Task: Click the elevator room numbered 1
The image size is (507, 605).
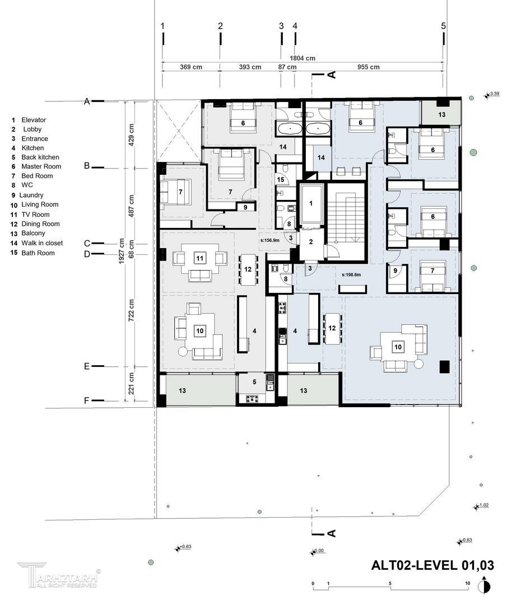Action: pyautogui.click(x=311, y=203)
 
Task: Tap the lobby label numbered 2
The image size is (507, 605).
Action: pyautogui.click(x=311, y=243)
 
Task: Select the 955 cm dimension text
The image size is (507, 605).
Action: pyautogui.click(x=368, y=67)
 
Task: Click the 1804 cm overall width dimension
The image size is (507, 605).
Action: pyautogui.click(x=303, y=58)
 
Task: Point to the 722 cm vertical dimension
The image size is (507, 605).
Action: pyautogui.click(x=131, y=310)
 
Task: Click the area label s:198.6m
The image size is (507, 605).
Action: pyautogui.click(x=351, y=274)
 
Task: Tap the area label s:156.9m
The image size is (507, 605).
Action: pyautogui.click(x=269, y=240)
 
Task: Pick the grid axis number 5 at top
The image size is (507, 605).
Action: pyautogui.click(x=443, y=26)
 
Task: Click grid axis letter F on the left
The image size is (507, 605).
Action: pyautogui.click(x=87, y=401)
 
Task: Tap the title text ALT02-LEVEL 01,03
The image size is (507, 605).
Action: pyautogui.click(x=432, y=566)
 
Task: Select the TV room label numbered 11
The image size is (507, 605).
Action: pyautogui.click(x=199, y=258)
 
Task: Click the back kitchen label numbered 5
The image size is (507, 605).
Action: pyautogui.click(x=254, y=382)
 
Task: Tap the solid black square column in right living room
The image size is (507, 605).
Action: pyautogui.click(x=445, y=366)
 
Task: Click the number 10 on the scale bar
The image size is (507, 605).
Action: pyautogui.click(x=468, y=583)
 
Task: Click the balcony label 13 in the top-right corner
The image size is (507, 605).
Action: pyautogui.click(x=442, y=115)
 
